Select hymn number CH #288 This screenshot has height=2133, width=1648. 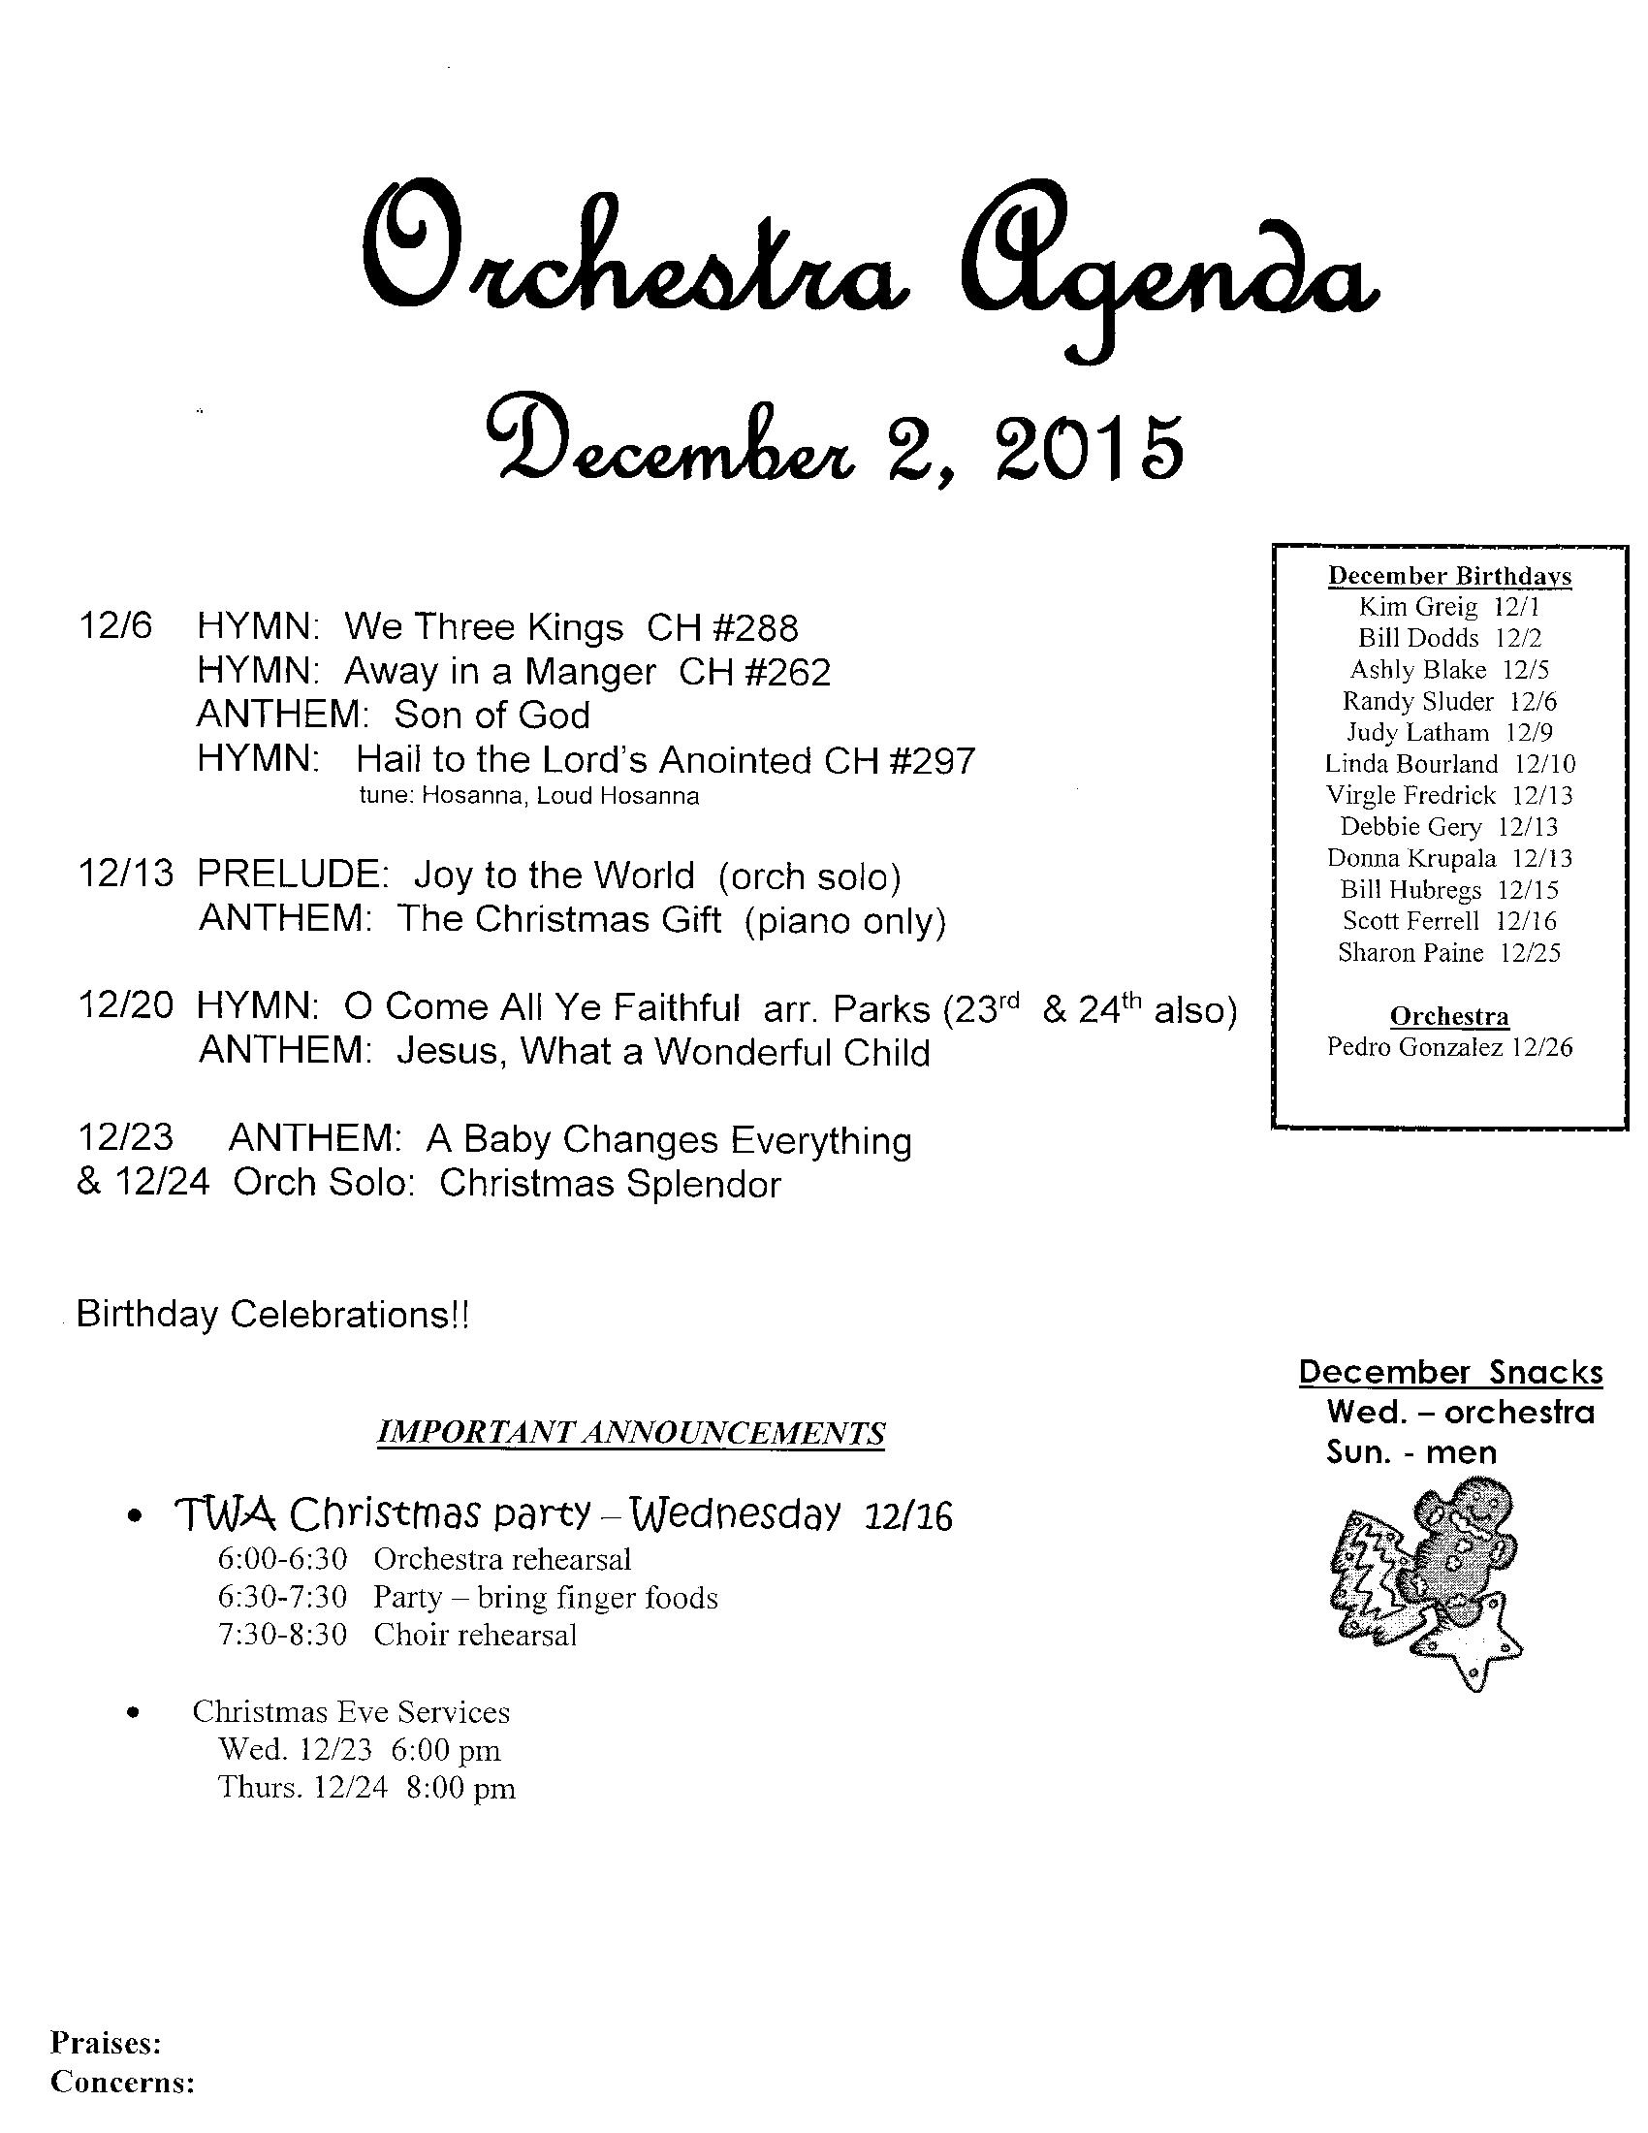tap(722, 627)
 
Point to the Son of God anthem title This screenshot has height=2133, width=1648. tap(492, 716)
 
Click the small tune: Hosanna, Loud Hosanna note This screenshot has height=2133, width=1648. tap(529, 796)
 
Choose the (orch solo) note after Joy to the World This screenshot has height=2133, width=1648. tap(808, 876)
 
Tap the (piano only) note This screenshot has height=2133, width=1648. tap(845, 921)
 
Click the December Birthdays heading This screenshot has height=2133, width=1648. tap(1449, 575)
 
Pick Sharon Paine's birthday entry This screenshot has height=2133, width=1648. tap(1449, 952)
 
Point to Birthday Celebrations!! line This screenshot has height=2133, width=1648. tap(273, 1315)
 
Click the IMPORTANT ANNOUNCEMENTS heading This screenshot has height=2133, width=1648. tap(631, 1433)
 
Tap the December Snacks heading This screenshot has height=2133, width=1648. tap(1450, 1372)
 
